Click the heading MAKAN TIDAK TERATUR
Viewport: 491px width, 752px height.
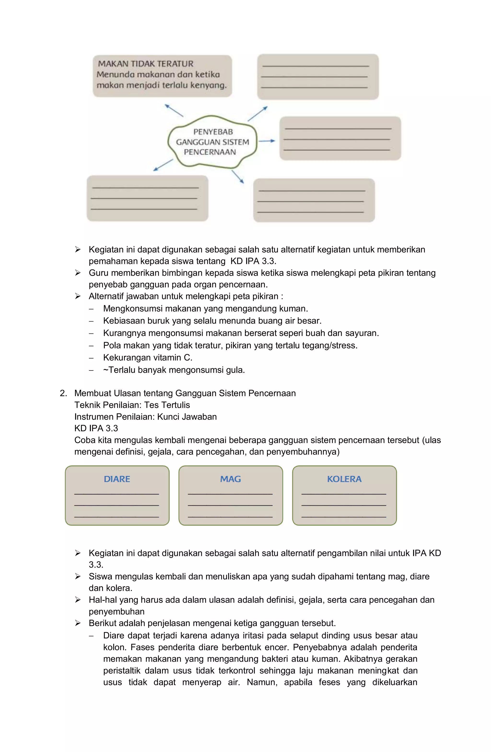(146, 64)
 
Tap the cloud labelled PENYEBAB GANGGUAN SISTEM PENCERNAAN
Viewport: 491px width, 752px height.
(212, 142)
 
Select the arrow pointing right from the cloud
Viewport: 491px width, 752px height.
(267, 141)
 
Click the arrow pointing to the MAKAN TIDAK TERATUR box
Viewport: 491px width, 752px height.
(174, 111)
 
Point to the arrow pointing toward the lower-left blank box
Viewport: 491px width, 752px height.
(163, 165)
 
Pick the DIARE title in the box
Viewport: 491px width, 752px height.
(117, 479)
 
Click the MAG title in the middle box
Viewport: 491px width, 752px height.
(230, 479)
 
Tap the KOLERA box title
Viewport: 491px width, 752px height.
(344, 479)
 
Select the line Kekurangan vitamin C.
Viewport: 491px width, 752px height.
(148, 358)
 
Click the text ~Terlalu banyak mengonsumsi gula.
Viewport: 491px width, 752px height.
(174, 370)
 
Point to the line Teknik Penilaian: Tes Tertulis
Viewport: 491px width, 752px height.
(132, 405)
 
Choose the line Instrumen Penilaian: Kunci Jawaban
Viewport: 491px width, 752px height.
(146, 417)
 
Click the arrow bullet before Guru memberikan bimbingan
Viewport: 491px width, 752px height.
(78, 273)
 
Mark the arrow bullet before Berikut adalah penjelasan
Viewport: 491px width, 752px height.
(78, 623)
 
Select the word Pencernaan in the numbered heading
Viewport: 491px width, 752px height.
(272, 393)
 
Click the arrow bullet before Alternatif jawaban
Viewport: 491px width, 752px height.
(78, 296)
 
